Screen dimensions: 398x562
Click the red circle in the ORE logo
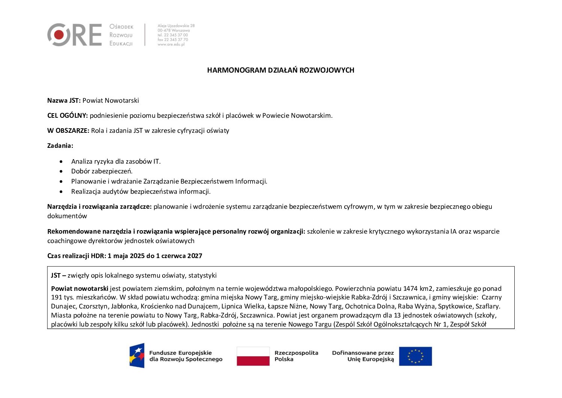tap(59, 35)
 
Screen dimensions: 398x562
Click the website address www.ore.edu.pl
tap(171, 44)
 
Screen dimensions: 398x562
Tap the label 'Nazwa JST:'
tap(64, 100)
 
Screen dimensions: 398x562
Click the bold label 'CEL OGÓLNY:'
tap(68, 115)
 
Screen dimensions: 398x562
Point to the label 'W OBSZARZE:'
tap(68, 131)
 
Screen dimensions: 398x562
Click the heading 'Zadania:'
tap(60, 146)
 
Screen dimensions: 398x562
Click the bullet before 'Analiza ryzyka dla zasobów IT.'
tap(61, 161)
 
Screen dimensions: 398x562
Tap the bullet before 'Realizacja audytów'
tap(61, 191)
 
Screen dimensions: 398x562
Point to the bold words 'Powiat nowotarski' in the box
tap(80, 289)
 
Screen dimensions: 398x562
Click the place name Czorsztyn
tap(93, 306)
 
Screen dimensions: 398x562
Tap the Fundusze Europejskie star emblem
tap(137, 355)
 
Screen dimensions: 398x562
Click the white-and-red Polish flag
tap(253, 356)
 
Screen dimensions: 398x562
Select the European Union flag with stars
tap(415, 356)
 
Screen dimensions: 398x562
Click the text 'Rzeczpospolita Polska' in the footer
tap(296, 356)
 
